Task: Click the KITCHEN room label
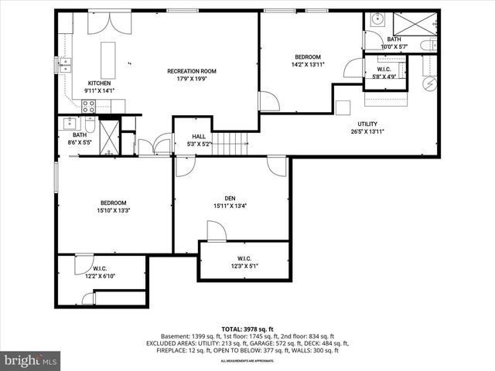click(x=99, y=83)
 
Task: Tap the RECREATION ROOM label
click(x=191, y=71)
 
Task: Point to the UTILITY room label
click(x=367, y=124)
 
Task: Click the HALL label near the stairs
click(x=199, y=136)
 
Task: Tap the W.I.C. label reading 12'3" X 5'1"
click(x=244, y=266)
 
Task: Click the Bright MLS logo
click(x=31, y=360)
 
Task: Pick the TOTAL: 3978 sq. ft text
click(x=247, y=328)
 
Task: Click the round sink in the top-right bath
click(x=377, y=20)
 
